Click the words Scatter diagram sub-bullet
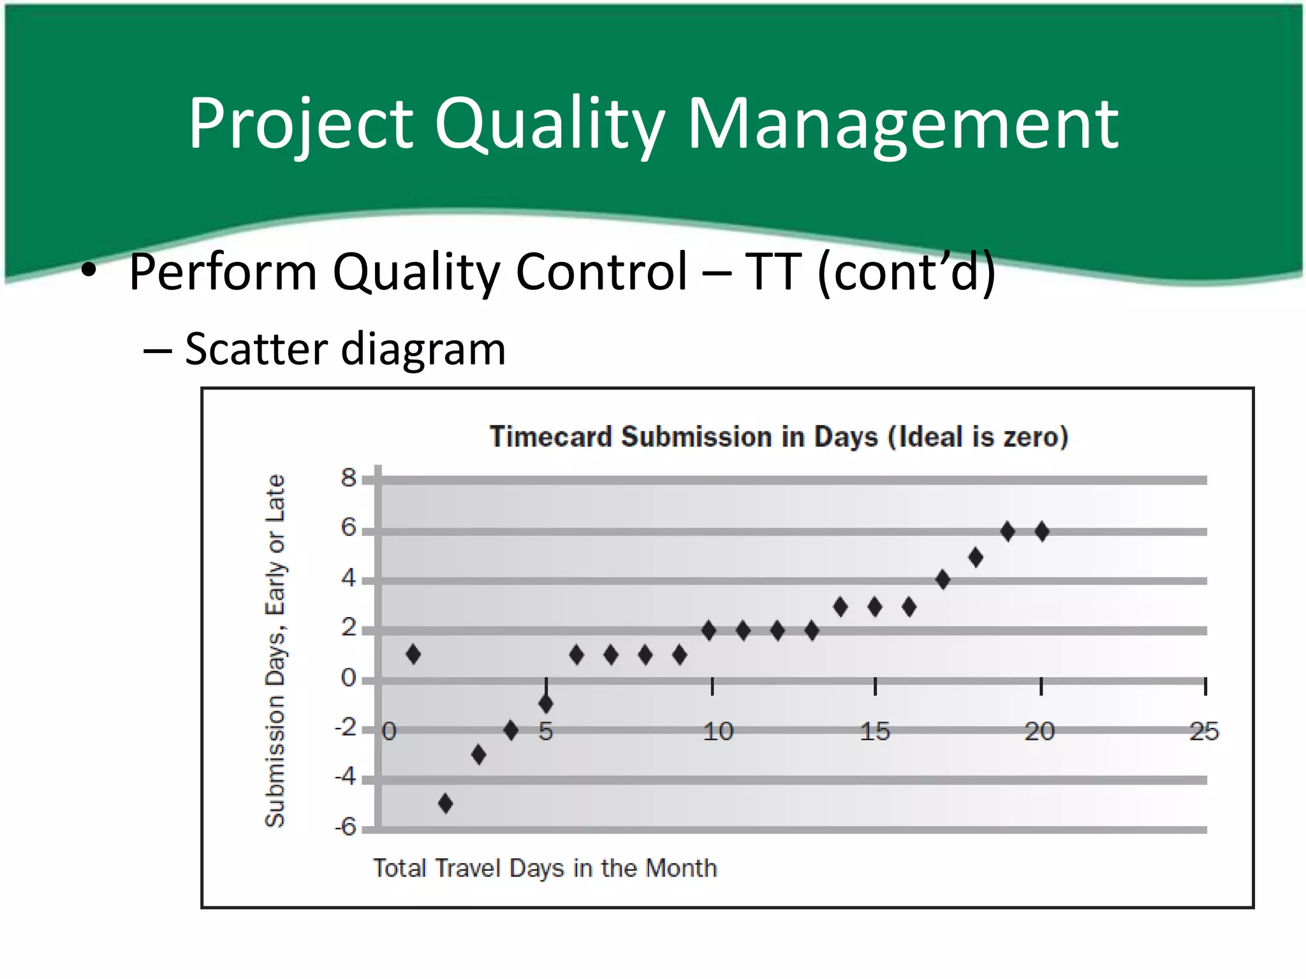click(x=344, y=349)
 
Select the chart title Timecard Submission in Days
click(x=778, y=437)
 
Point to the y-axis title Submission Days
click(x=275, y=650)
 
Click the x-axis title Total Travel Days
click(x=545, y=868)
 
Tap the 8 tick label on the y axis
click(x=348, y=477)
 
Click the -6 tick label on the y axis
click(x=346, y=827)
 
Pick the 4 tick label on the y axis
click(x=348, y=578)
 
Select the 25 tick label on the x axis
click(x=1203, y=731)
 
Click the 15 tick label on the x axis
click(x=874, y=731)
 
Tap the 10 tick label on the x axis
click(x=718, y=731)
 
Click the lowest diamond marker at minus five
click(x=446, y=803)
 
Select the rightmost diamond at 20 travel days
click(x=1042, y=531)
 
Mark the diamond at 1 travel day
click(x=413, y=654)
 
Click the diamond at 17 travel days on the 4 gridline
click(x=943, y=579)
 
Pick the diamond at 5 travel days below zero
click(x=546, y=704)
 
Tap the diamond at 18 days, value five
click(x=975, y=557)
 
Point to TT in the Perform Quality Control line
click(x=772, y=272)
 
